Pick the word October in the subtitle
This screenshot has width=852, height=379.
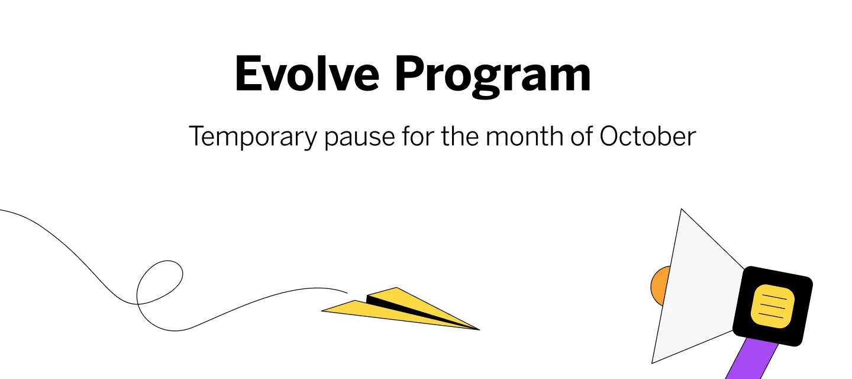click(647, 137)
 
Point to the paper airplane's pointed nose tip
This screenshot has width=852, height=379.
click(477, 329)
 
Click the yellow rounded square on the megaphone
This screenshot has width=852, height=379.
click(772, 306)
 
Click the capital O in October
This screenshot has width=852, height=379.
click(611, 137)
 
